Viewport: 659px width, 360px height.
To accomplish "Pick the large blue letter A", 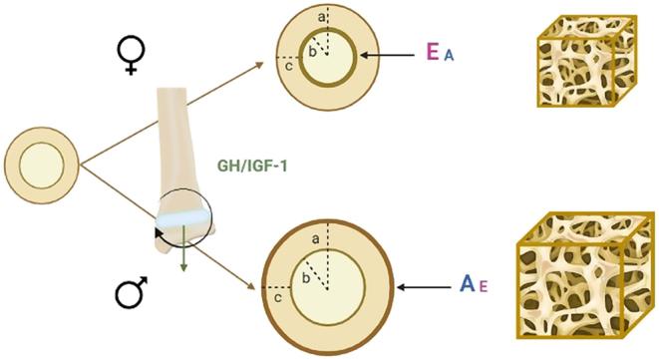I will pos(467,285).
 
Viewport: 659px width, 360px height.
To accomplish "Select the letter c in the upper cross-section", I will pos(288,67).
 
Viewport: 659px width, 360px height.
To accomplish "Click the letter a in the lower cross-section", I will pos(315,239).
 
